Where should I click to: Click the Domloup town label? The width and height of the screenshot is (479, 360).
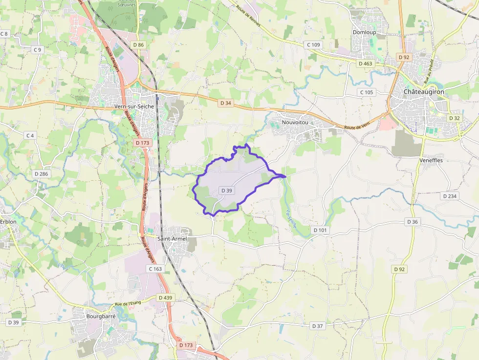[364, 32]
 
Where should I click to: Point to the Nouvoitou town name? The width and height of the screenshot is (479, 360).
[295, 122]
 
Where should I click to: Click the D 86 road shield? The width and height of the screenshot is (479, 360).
[138, 45]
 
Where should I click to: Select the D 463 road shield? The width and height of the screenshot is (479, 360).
[365, 64]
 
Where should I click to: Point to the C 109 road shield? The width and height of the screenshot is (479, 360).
[313, 45]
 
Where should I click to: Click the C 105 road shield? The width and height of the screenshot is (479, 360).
[366, 92]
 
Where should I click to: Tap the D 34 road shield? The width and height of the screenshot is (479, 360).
[225, 103]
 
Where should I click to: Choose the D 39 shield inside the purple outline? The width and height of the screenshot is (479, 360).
[226, 191]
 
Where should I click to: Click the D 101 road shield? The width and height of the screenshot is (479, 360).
[320, 230]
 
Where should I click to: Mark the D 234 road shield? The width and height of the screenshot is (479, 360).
[449, 196]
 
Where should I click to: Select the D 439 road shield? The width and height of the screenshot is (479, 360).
[165, 297]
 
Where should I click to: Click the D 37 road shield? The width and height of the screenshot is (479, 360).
[318, 326]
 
